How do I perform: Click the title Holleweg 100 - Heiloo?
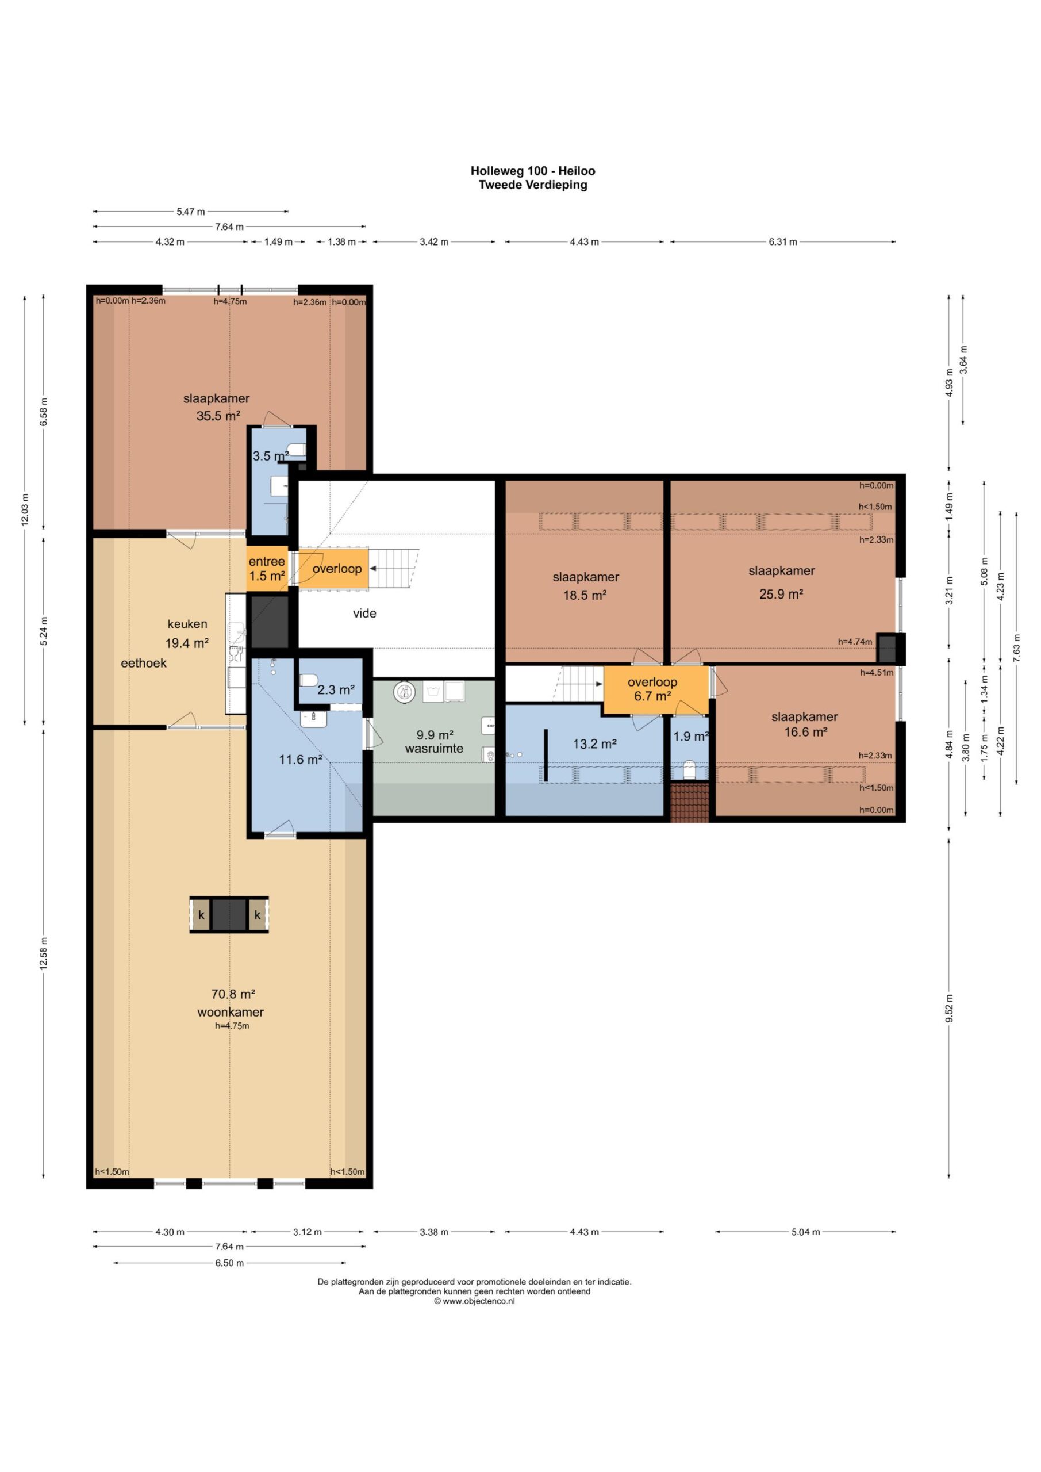pos(533,171)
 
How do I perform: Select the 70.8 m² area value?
pos(233,994)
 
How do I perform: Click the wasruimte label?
pos(434,749)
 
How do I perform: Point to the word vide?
pos(365,614)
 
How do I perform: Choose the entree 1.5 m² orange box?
pos(267,569)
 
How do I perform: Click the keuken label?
pos(187,624)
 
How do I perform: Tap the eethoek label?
pos(144,663)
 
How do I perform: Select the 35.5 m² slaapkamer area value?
pos(218,416)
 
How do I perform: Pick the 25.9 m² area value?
pos(781,595)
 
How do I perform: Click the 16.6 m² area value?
pos(806,731)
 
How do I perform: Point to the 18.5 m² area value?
pos(585,595)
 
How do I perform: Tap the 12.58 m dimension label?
pos(44,954)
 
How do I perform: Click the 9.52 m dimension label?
pos(950,1009)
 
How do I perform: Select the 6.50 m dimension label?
pos(229,1263)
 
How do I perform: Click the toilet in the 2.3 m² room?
pos(309,680)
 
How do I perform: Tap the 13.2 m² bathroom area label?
pos(595,744)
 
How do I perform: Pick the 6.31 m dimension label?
pos(783,241)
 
